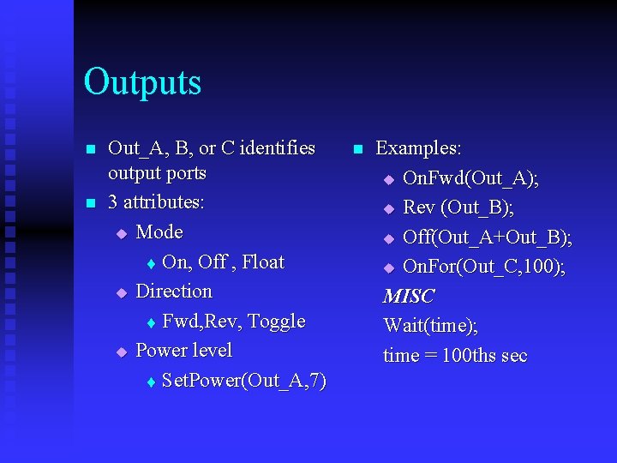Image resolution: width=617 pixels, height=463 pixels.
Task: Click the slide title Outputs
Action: (x=142, y=82)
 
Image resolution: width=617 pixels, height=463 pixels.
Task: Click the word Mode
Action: (x=159, y=232)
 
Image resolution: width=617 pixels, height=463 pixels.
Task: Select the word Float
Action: (x=263, y=262)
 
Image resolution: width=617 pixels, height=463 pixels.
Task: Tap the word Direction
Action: (x=174, y=292)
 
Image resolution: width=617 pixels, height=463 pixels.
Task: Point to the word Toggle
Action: (x=276, y=322)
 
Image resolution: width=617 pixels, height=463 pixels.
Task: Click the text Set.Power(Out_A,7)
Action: (x=243, y=380)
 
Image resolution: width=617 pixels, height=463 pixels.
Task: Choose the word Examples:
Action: (x=418, y=148)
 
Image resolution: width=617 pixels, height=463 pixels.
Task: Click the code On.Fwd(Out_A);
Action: (x=470, y=178)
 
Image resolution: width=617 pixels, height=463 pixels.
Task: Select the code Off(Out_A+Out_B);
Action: (x=487, y=237)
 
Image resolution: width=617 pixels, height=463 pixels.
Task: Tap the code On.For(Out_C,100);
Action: (x=484, y=267)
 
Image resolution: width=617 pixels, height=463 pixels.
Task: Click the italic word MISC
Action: (x=409, y=297)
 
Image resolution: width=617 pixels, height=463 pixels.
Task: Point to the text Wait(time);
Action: (x=431, y=326)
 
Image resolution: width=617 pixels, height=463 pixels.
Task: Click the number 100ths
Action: (x=470, y=356)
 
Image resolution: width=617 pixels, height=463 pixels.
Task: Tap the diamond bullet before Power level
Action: (x=121, y=352)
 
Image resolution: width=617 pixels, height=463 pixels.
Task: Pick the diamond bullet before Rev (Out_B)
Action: (x=388, y=208)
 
